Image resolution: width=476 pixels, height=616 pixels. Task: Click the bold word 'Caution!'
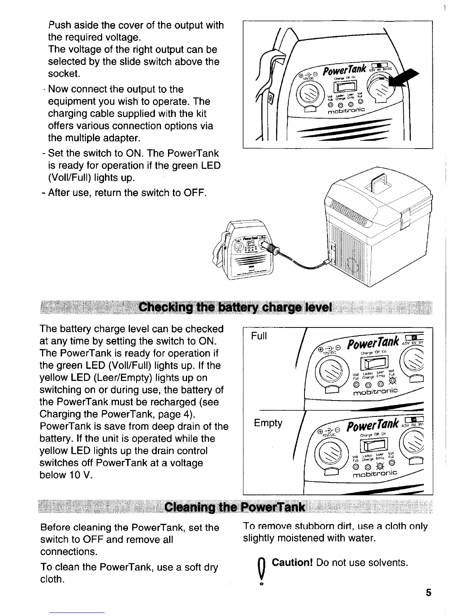tap(293, 562)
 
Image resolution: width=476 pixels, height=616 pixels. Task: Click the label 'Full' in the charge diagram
tap(259, 336)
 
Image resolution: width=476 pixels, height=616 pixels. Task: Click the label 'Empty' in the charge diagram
tap(268, 423)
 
